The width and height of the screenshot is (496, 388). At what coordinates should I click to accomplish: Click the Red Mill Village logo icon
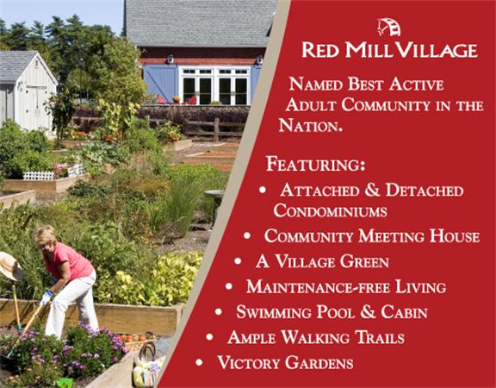(388, 28)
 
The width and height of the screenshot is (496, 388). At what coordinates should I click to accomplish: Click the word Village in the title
(437, 50)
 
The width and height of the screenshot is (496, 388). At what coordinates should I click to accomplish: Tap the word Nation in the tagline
(310, 126)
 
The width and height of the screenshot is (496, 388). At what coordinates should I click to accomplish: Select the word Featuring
(315, 164)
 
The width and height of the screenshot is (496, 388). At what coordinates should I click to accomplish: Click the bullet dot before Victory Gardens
(199, 362)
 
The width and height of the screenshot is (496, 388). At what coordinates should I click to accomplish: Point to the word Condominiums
(330, 210)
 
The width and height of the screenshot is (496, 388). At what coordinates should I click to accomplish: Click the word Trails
(380, 337)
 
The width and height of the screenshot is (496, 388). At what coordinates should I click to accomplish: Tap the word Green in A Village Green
(364, 262)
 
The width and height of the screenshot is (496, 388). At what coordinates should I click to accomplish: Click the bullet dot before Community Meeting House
(247, 235)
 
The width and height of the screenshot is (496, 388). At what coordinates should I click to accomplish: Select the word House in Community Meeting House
(455, 236)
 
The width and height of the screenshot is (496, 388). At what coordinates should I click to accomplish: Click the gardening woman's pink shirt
(69, 260)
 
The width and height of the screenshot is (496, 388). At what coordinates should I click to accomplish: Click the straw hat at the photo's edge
(10, 266)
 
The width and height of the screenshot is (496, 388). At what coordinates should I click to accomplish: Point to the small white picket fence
(53, 172)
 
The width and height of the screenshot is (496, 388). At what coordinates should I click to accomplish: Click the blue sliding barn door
(161, 84)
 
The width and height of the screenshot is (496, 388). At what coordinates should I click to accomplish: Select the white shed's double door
(35, 106)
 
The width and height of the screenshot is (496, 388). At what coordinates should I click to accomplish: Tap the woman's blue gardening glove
(46, 297)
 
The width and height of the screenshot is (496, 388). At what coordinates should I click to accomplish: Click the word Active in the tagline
(416, 84)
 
